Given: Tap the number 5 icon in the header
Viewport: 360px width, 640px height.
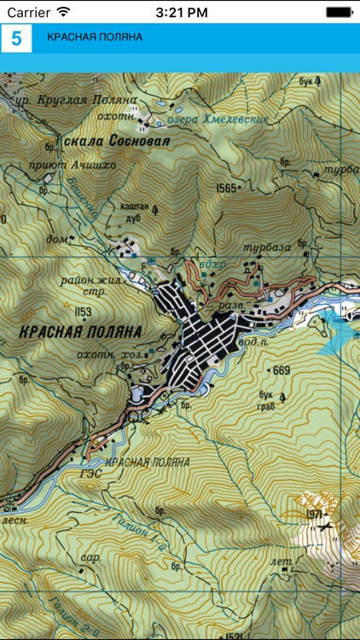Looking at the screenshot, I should (16, 38).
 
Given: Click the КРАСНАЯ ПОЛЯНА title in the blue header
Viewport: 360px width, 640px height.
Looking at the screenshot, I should (95, 38).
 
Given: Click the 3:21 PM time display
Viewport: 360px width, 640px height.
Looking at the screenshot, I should (179, 13).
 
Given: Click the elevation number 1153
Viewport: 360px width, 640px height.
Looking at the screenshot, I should (83, 311).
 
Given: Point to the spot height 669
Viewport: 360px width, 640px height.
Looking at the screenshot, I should (281, 369).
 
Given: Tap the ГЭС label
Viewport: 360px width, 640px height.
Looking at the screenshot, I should (90, 473).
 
